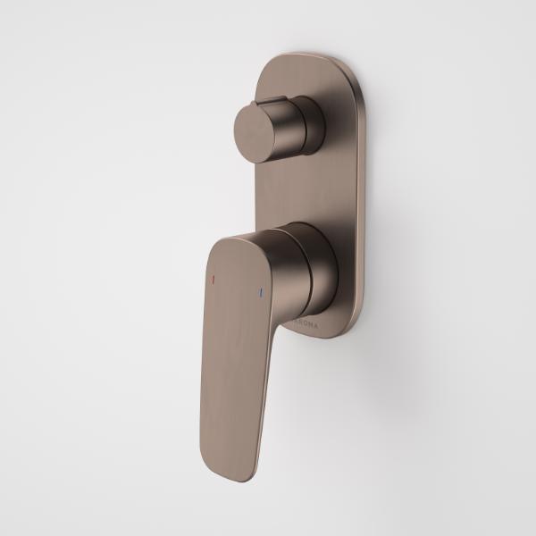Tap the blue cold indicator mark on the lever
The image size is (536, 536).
(x=260, y=292)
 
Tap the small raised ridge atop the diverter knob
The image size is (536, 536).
(x=273, y=101)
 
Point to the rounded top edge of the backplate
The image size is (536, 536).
(x=307, y=59)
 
